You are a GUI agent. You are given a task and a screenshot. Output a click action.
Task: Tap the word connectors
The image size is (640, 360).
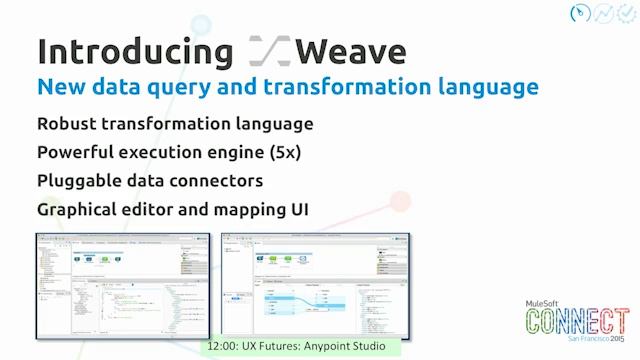pyautogui.click(x=215, y=181)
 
